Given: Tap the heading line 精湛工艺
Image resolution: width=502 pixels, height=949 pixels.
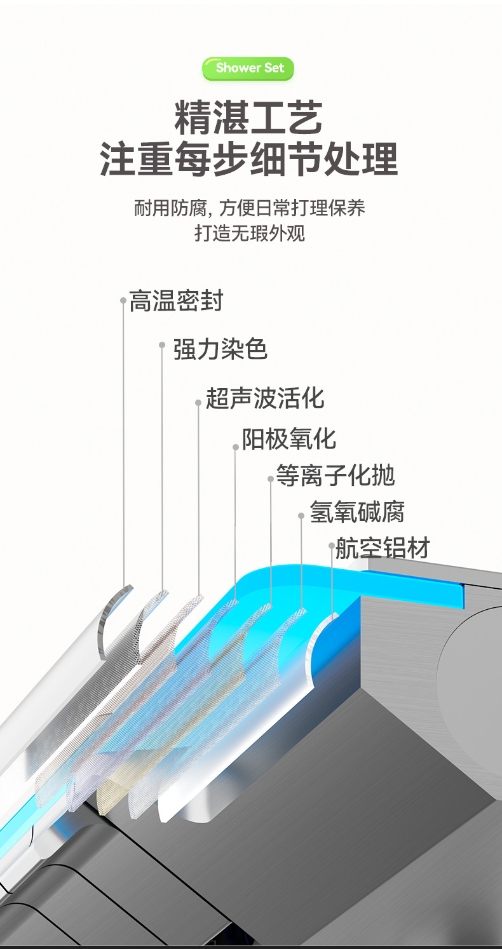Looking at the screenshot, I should pos(249,118).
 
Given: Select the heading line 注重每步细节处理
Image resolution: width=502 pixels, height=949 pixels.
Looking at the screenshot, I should pos(249,159).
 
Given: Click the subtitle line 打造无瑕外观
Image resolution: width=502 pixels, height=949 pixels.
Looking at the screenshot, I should pos(249,233).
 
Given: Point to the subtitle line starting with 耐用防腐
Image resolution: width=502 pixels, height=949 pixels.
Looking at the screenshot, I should pos(249,208).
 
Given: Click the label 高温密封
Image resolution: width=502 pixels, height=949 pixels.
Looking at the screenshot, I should pos(176,301).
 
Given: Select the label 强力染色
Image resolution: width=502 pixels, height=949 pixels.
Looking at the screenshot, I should pos(220,349).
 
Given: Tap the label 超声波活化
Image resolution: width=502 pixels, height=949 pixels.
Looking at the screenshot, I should pos(264,398).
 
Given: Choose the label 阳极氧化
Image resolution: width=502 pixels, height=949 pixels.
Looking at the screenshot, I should pos(288,439).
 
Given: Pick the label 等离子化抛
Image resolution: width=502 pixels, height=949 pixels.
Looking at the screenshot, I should pos(335,476).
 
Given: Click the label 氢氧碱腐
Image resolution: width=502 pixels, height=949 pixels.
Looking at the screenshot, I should pos(357,512).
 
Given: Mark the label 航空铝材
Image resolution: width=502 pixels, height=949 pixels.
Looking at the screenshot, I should pos(383,548).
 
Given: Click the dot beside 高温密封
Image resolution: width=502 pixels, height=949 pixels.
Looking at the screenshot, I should pos(123,300).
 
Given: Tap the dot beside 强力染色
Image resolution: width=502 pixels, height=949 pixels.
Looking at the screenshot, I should pos(162,345).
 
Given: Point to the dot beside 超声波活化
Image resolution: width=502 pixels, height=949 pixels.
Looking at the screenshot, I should pos(198,403).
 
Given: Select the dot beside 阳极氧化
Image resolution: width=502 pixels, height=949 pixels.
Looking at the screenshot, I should pos(235,447).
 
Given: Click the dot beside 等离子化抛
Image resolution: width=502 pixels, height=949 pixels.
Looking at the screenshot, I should pos(270,479).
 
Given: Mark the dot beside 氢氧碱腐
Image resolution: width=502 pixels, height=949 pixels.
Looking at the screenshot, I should pos(301,516).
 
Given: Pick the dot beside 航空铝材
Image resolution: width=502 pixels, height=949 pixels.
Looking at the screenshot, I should pos(331,546).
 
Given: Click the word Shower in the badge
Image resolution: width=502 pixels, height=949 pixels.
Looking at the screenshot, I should pos(238,68).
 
